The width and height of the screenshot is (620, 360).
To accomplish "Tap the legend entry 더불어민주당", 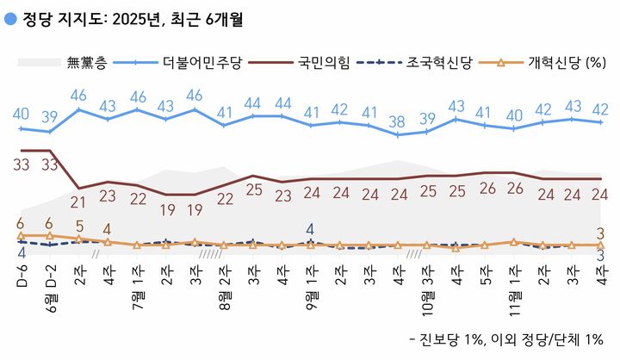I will click(x=204, y=62).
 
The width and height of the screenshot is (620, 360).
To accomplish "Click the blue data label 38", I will click(x=398, y=121).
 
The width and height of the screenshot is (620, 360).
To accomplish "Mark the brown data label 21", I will click(x=79, y=202).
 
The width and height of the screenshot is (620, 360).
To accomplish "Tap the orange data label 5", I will click(x=79, y=227).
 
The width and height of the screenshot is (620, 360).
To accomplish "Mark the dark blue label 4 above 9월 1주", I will click(x=311, y=230).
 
